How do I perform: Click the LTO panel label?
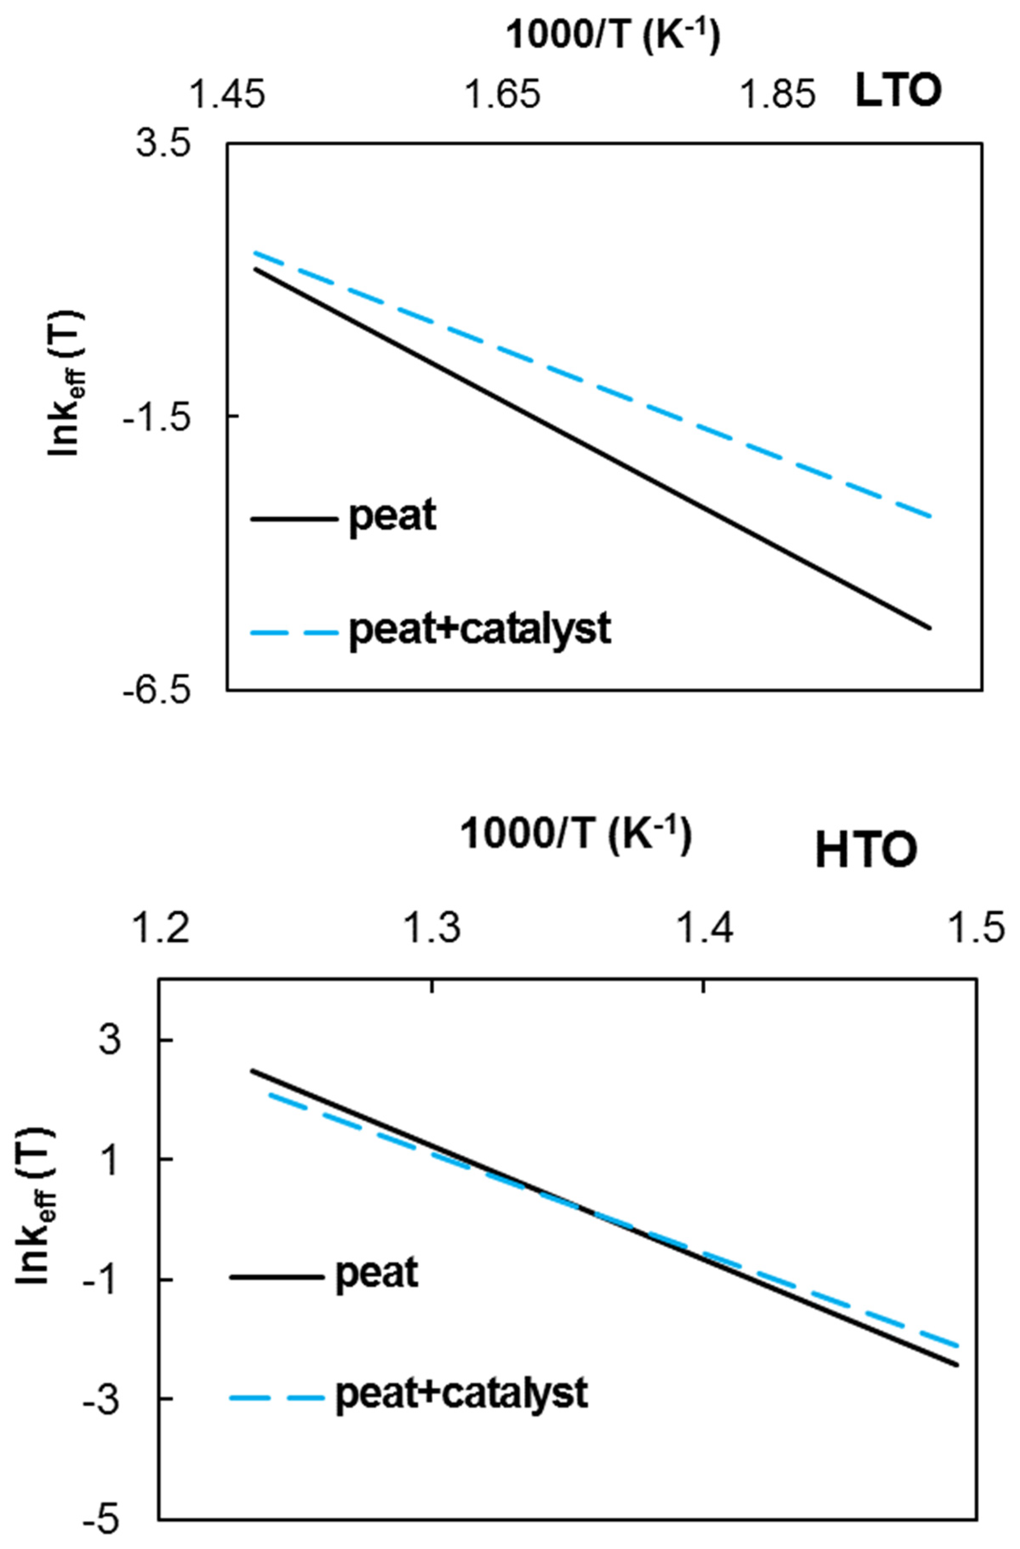coord(898,93)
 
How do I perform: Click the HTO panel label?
coord(866,851)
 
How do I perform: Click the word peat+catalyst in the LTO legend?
coord(480,630)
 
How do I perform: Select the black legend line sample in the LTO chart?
coord(294,519)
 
